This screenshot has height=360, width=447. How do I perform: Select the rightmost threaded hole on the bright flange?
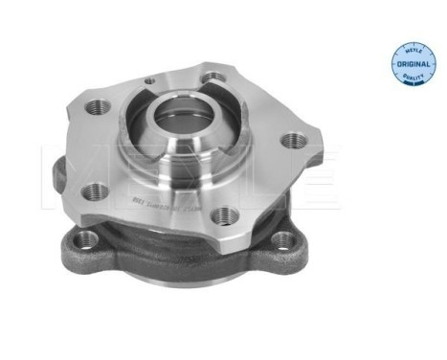(298, 140)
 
